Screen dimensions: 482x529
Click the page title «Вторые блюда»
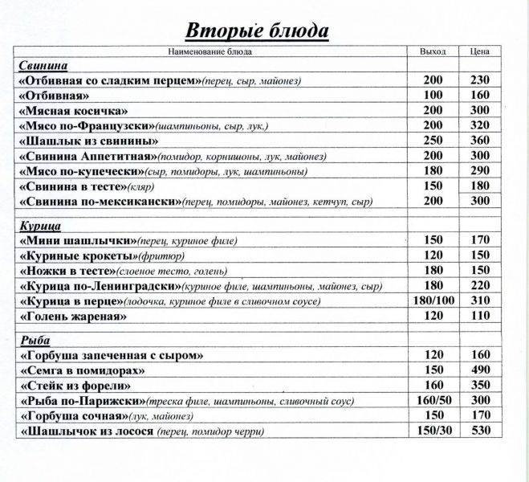(x=257, y=31)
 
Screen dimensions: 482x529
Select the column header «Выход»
(x=433, y=51)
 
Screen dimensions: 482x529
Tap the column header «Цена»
(x=480, y=51)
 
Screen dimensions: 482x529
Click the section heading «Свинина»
(x=41, y=65)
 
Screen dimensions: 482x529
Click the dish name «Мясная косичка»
(x=73, y=110)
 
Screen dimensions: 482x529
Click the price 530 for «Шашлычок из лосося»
(x=480, y=431)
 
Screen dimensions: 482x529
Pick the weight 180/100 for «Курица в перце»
(x=433, y=301)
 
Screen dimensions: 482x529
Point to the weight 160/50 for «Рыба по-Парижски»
(x=433, y=400)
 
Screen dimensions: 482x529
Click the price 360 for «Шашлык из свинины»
(x=480, y=141)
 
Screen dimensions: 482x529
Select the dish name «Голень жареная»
(x=73, y=317)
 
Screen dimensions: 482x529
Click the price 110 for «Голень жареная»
(x=480, y=317)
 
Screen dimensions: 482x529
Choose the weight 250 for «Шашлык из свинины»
(x=433, y=141)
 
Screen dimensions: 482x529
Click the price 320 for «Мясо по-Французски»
(x=480, y=125)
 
